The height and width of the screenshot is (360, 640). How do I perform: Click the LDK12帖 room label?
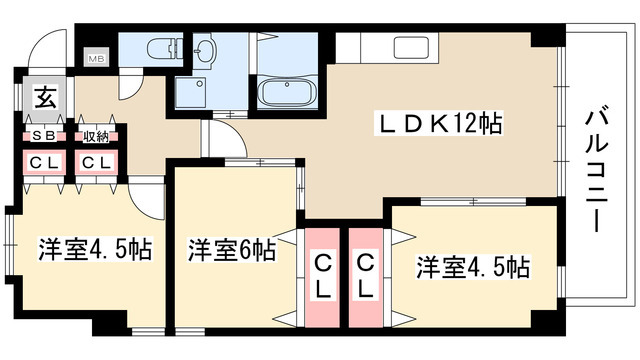pos(437,125)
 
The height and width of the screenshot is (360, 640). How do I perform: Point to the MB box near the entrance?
pos(97,59)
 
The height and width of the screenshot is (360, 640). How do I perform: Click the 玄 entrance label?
pos(45,98)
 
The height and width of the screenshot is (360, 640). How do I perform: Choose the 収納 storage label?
pos(96,136)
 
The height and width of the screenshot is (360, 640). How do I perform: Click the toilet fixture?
pos(158,49)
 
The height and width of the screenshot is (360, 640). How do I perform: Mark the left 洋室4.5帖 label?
pos(96,249)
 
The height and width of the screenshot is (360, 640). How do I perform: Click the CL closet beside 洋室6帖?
pos(323,275)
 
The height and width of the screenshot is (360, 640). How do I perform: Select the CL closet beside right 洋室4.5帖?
pos(366,275)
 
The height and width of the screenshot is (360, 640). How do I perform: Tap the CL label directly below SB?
pos(43,161)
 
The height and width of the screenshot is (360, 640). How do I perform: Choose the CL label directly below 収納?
pos(96,161)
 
